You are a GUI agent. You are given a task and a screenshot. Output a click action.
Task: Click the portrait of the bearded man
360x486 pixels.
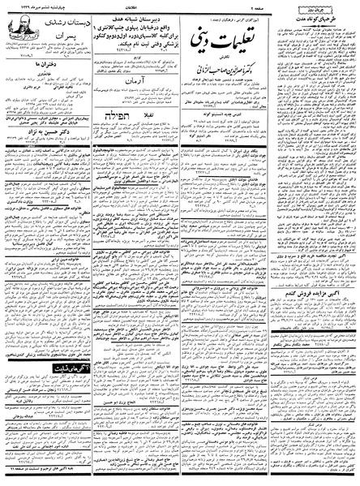pyautogui.click(x=19, y=37)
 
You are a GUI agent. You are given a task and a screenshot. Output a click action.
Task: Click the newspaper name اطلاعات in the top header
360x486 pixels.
pyautogui.click(x=180, y=4)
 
